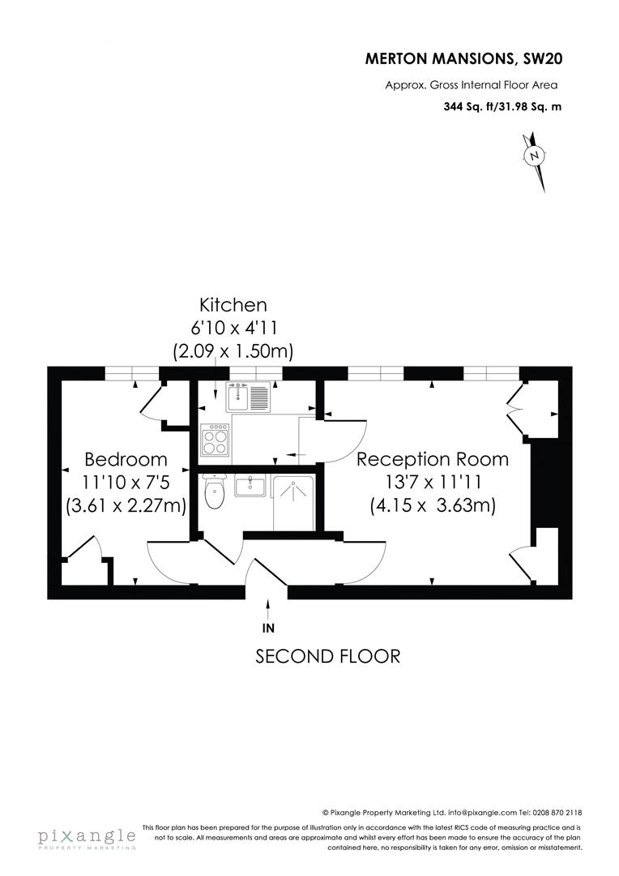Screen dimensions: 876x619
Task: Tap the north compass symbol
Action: click(x=534, y=157)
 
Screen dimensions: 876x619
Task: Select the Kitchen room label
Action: click(x=233, y=305)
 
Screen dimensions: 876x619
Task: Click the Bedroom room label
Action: click(x=126, y=459)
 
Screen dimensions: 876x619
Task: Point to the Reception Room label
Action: click(x=433, y=459)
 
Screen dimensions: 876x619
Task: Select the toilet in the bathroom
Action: click(x=214, y=493)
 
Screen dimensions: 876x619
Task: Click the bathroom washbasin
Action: click(x=250, y=487)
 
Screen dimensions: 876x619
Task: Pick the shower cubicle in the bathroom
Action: click(x=293, y=502)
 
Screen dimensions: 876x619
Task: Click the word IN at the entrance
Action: click(x=268, y=628)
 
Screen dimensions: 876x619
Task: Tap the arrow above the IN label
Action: click(x=268, y=608)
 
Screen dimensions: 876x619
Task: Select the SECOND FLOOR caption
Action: click(x=327, y=655)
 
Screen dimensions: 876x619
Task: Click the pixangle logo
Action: click(x=86, y=837)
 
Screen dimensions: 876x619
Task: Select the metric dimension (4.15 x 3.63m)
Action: click(x=433, y=505)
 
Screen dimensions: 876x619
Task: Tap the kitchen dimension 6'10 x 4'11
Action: click(x=233, y=328)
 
